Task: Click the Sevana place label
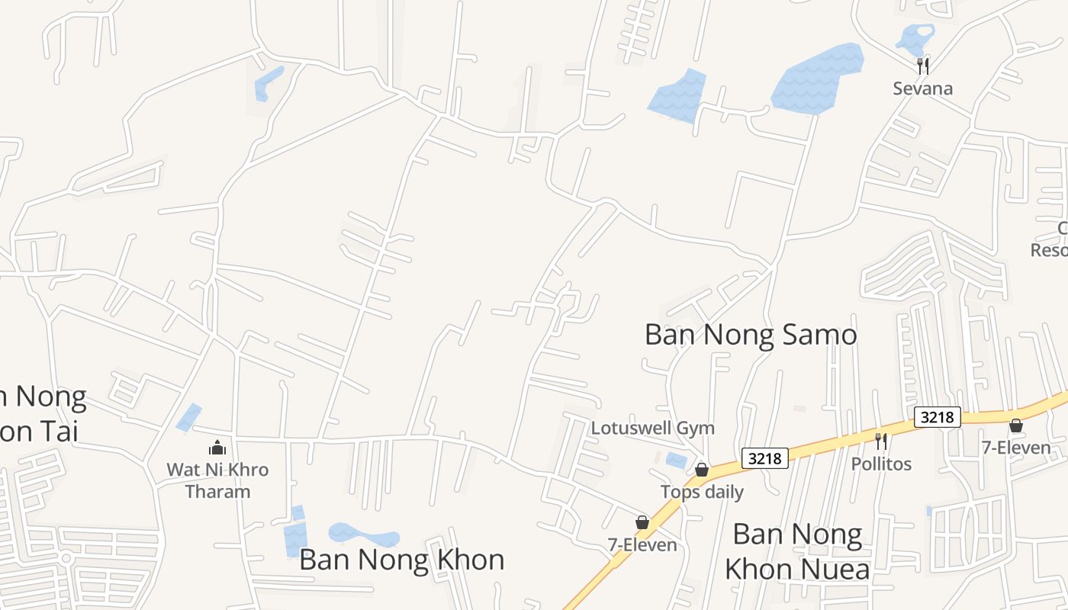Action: pos(923,88)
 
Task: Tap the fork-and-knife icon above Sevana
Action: pos(923,66)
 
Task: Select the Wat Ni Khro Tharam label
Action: pos(218,480)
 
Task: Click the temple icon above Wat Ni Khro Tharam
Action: pos(218,448)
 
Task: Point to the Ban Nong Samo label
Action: pos(751,334)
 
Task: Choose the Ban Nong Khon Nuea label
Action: pos(797,551)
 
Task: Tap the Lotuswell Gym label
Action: pos(653,428)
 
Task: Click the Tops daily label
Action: pos(702,492)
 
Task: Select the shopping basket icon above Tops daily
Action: pos(702,470)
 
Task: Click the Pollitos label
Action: pos(881,464)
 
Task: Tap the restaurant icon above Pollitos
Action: pos(881,441)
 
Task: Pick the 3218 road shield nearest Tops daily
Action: pos(765,458)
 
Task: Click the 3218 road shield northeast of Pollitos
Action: pos(937,417)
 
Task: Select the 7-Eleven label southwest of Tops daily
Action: pos(642,544)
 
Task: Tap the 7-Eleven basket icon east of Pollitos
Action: pos(1016,425)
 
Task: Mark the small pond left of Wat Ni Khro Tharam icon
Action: pos(189,417)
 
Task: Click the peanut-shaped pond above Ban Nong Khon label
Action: pos(362,534)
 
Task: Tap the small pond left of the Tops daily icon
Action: pos(676,460)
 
